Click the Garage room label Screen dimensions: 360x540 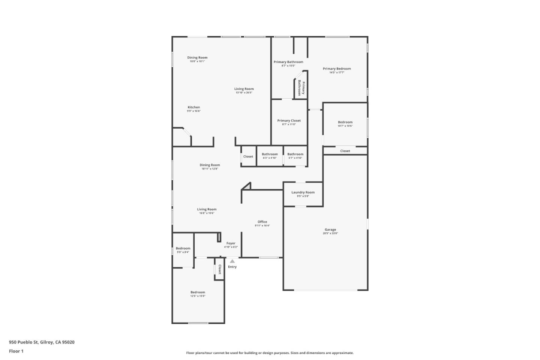[330, 229]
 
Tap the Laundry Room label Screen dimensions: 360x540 [303, 192]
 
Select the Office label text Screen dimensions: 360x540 [262, 222]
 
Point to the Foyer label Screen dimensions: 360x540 [231, 243]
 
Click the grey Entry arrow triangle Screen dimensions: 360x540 [232, 261]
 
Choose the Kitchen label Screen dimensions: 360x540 [194, 107]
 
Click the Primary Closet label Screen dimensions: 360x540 [289, 121]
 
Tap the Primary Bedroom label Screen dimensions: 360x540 [337, 69]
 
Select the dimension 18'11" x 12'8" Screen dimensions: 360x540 [210, 169]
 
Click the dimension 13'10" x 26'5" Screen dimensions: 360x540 [244, 93]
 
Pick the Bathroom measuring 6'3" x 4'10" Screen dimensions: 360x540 [270, 154]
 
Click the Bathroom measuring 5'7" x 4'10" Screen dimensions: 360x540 [295, 154]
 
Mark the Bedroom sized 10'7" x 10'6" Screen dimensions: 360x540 [345, 122]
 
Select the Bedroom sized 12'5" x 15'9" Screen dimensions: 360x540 [198, 292]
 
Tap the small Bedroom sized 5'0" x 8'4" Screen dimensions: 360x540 [183, 248]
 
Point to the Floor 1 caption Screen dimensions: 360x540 [16, 351]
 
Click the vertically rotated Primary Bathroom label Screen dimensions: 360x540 [301, 88]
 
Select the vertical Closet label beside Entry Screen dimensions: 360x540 [220, 269]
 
